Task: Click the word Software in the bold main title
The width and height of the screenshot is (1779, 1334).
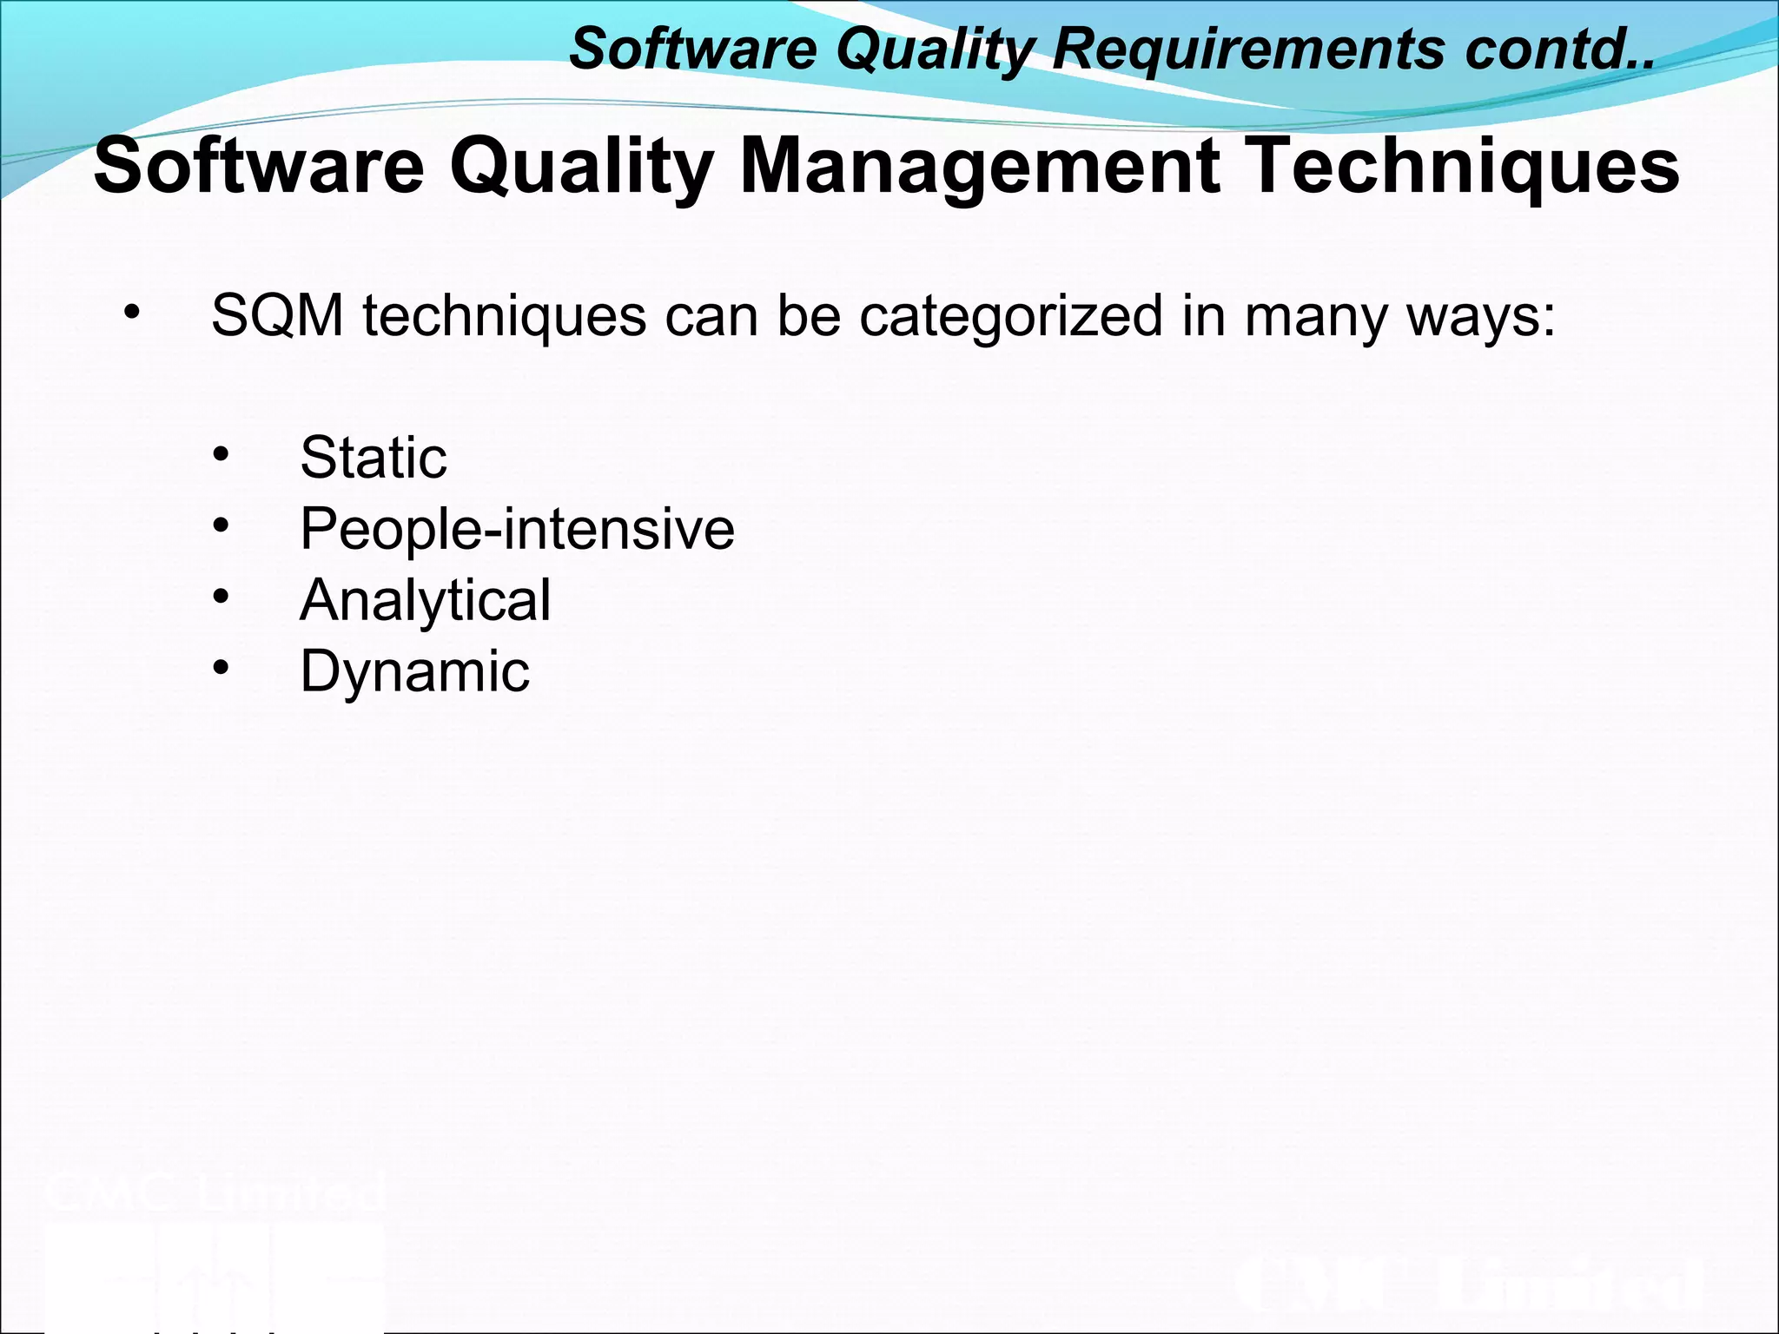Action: coord(259,167)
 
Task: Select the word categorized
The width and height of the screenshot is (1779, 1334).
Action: coord(1011,317)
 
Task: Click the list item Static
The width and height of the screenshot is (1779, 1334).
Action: coord(373,458)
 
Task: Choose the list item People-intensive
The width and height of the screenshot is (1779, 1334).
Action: coord(517,529)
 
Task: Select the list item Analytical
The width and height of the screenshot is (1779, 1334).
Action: coord(425,601)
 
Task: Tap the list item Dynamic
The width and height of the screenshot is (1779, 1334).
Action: coord(414,672)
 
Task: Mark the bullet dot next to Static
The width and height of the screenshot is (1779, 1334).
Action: coord(221,454)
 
